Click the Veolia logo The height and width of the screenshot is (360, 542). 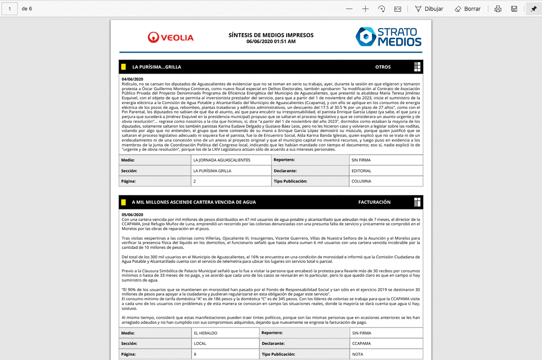click(171, 37)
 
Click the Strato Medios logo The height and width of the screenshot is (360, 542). click(388, 37)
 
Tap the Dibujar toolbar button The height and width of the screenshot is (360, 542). click(429, 8)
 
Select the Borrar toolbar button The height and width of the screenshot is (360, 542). click(467, 8)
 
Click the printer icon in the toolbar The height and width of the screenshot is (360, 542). click(498, 8)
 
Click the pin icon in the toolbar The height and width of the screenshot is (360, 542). click(534, 8)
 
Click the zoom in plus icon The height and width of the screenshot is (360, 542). click(365, 8)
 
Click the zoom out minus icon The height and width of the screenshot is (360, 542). click(349, 8)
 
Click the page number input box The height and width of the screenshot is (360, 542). click(9, 8)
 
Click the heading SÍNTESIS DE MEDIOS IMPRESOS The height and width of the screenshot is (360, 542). click(271, 35)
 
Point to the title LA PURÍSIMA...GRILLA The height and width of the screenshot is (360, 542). click(157, 67)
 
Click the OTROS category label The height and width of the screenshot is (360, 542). click(383, 67)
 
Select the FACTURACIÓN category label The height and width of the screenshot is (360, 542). click(374, 202)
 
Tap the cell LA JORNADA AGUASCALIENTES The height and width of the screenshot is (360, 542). click(222, 160)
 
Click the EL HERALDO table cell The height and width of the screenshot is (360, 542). click(206, 333)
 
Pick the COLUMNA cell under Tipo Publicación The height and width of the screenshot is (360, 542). click(361, 181)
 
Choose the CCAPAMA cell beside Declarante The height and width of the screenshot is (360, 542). click(362, 343)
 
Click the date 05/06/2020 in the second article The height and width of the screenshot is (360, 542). click(133, 215)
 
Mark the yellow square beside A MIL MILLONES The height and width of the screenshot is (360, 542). click(124, 202)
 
